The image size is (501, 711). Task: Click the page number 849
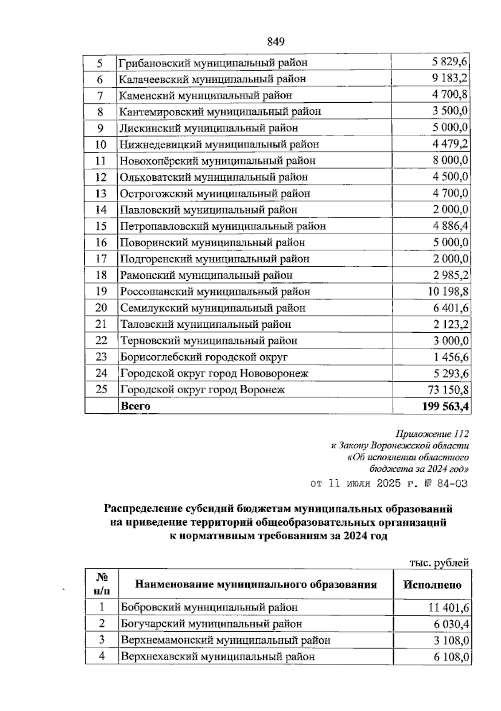point(275,42)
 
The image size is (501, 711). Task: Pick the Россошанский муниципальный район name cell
point(215,292)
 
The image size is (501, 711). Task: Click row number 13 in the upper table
point(101,194)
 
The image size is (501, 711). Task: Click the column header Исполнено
point(432,584)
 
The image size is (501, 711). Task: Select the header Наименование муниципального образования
point(256,584)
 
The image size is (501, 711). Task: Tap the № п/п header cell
point(101,584)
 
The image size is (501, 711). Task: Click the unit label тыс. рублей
point(438,563)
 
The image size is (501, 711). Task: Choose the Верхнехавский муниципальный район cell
point(218,657)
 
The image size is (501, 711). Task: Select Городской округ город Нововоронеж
point(214,374)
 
